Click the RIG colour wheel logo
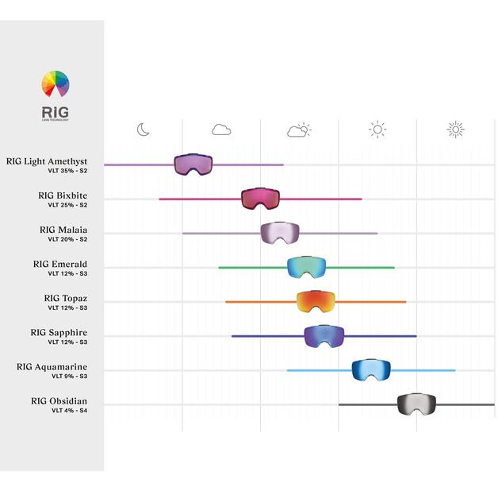pyautogui.click(x=56, y=84)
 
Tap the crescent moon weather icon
pyautogui.click(x=143, y=130)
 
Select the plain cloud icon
pyautogui.click(x=220, y=130)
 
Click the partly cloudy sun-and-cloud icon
pyautogui.click(x=299, y=130)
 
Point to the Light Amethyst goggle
pyautogui.click(x=193, y=164)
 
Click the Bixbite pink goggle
pyautogui.click(x=261, y=198)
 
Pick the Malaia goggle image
pyautogui.click(x=280, y=232)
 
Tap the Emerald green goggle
pyautogui.click(x=306, y=266)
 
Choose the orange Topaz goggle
pyautogui.click(x=316, y=301)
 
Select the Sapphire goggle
pyautogui.click(x=324, y=335)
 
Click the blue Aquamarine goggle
pyautogui.click(x=371, y=369)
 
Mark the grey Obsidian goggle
pyautogui.click(x=416, y=404)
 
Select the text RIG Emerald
pyautogui.click(x=60, y=264)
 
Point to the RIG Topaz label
pyautogui.click(x=66, y=298)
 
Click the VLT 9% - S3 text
pyautogui.click(x=67, y=376)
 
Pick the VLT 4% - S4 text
pyautogui.click(x=70, y=410)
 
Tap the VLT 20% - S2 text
pyautogui.click(x=67, y=239)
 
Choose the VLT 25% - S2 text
pyautogui.click(x=67, y=205)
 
